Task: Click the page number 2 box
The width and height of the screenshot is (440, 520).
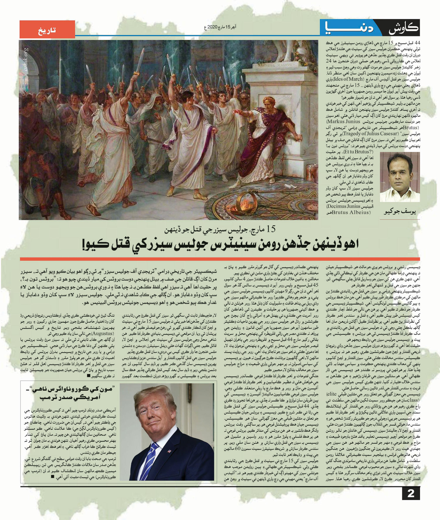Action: pos(411,493)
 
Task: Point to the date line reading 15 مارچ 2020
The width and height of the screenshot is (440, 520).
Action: pos(220,27)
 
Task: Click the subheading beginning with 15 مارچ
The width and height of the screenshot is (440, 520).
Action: pos(220,229)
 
